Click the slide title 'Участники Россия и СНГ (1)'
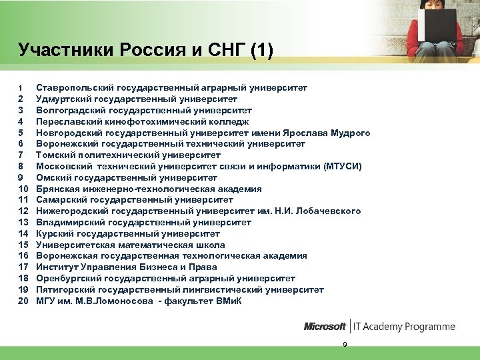[145, 50]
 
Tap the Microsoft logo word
[325, 327]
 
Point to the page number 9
[345, 344]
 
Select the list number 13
[23, 223]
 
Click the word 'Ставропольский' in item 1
[75, 87]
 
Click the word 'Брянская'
[58, 189]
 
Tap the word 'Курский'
[55, 234]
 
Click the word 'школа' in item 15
[211, 245]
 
